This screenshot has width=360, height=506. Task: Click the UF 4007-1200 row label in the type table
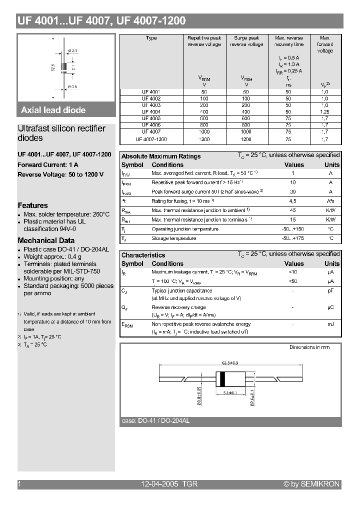pyautogui.click(x=151, y=139)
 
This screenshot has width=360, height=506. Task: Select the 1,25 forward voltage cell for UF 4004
pyautogui.click(x=325, y=112)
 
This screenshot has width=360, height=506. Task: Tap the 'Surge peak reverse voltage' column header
pyautogui.click(x=246, y=41)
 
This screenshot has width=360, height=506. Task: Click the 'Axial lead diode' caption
pyautogui.click(x=53, y=110)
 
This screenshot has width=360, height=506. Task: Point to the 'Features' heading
pyautogui.click(x=33, y=205)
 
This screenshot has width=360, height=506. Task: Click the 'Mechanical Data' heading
pyautogui.click(x=46, y=240)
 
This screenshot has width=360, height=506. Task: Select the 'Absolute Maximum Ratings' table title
pyautogui.click(x=161, y=156)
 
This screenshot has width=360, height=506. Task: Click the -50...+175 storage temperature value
pyautogui.click(x=293, y=238)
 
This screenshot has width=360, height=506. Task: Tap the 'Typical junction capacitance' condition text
pyautogui.click(x=181, y=290)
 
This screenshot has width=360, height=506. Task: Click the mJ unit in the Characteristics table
pyautogui.click(x=330, y=324)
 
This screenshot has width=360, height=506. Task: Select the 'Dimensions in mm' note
pyautogui.click(x=309, y=347)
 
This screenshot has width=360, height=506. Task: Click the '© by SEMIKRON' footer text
pyautogui.click(x=311, y=484)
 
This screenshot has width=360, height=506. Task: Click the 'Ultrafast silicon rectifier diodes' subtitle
pyautogui.click(x=61, y=133)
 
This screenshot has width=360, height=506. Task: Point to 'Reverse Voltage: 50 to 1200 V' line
pyautogui.click(x=60, y=174)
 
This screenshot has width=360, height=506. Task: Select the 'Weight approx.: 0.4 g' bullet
pyautogui.click(x=52, y=256)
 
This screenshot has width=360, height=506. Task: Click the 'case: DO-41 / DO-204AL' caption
pyautogui.click(x=155, y=421)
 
